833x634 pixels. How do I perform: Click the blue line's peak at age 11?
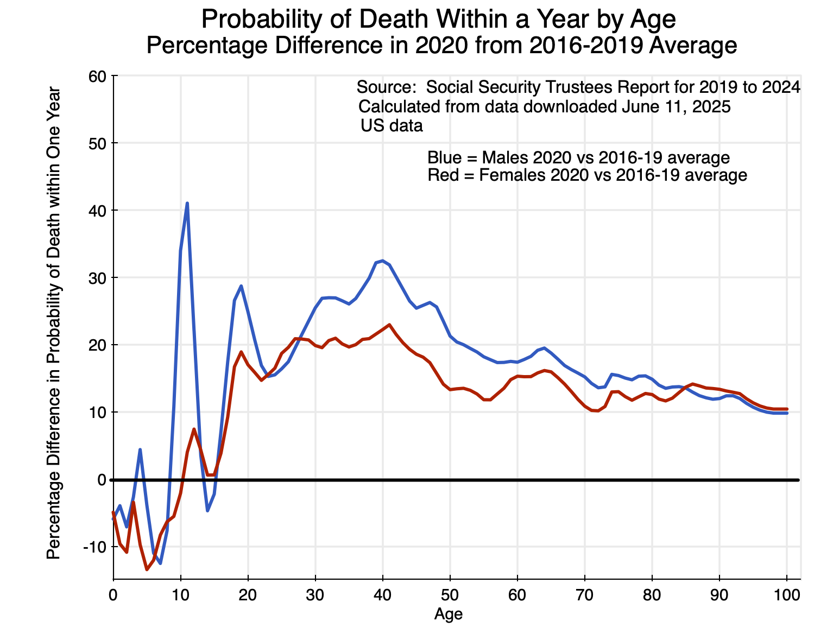[x=187, y=204]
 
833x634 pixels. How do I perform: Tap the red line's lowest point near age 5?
[x=147, y=569]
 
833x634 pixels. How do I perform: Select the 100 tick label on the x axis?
[x=787, y=595]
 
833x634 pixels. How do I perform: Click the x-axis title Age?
[x=449, y=614]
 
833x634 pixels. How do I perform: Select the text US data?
[x=392, y=126]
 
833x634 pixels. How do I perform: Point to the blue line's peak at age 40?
[x=383, y=261]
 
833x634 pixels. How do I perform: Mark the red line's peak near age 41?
[x=389, y=325]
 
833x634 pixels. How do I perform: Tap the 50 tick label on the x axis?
[x=450, y=595]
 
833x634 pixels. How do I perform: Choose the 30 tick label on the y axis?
[x=97, y=277]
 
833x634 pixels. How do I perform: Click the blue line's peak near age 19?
[x=241, y=286]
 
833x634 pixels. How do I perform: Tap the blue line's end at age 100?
[x=786, y=413]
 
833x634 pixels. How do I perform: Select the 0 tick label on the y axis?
[x=101, y=479]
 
